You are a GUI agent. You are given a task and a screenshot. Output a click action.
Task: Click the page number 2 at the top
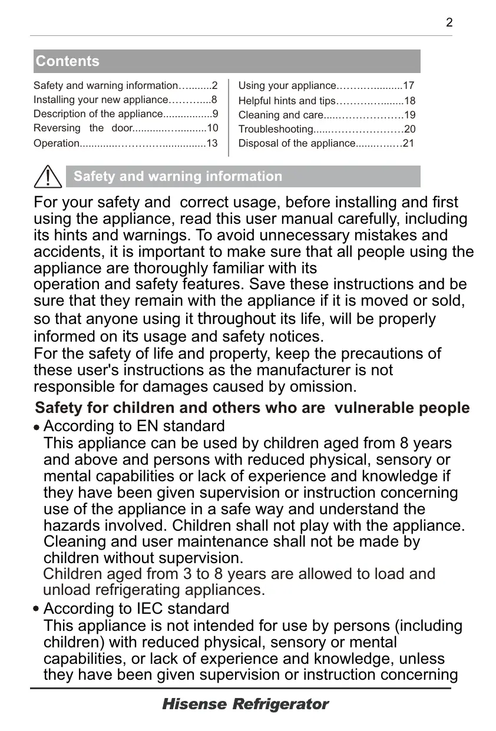[x=449, y=23]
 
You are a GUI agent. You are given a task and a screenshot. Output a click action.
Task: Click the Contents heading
[x=68, y=61]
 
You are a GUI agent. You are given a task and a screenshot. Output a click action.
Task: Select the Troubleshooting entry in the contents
[x=276, y=130]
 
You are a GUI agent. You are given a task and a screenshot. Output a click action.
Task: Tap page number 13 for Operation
[x=212, y=144]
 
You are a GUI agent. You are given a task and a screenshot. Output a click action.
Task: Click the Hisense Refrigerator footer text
[x=245, y=704]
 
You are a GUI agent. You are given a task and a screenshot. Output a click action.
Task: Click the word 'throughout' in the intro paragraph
[x=237, y=319]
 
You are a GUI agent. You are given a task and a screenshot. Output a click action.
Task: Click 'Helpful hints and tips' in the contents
[x=286, y=101]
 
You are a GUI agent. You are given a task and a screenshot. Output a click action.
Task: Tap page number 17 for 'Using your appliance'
[x=409, y=86]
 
